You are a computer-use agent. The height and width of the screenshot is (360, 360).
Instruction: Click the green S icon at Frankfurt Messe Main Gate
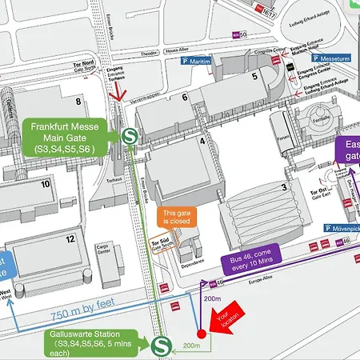[x=127, y=136]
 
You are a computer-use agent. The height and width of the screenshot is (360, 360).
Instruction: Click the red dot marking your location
[x=202, y=336]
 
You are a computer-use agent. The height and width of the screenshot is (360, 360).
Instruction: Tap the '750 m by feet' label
[x=71, y=314]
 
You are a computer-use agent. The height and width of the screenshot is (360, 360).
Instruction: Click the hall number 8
[x=78, y=102]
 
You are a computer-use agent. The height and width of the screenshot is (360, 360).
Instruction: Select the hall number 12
[x=70, y=239]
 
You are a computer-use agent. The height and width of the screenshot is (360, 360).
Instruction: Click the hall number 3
[x=283, y=188]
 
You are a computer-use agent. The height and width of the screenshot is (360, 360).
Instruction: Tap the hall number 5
[x=254, y=77]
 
